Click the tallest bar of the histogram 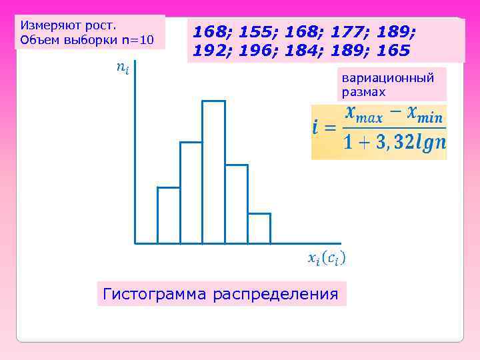point(213,172)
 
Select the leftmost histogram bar point(169,215)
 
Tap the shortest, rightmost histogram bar point(259,228)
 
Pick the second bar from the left point(191,193)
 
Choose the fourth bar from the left point(236,204)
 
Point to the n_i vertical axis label point(122,67)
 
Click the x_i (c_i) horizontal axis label point(326,257)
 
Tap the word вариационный point(388,78)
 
